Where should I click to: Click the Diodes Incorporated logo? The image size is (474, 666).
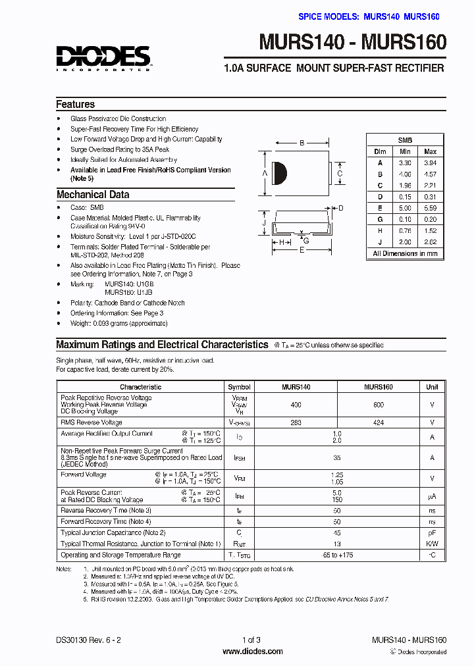[103, 58]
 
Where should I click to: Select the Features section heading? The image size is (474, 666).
[75, 105]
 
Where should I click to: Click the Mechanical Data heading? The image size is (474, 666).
[92, 195]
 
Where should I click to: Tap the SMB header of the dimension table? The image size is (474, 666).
[405, 140]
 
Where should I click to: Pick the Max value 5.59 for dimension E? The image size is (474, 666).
[430, 208]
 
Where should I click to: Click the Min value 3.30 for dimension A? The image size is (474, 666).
[404, 163]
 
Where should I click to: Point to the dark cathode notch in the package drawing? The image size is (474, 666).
[279, 173]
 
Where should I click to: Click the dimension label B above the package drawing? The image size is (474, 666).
[302, 143]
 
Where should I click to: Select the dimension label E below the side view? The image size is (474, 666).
[302, 250]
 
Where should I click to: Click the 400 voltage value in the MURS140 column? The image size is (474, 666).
[296, 405]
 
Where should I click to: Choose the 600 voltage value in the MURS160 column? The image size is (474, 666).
[378, 405]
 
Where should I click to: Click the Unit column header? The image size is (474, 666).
[432, 387]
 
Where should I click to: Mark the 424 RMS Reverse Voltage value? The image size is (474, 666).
[378, 423]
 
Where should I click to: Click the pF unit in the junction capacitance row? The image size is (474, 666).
[432, 532]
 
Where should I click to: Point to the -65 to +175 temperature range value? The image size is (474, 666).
[337, 555]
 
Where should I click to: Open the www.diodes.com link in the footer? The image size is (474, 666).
[253, 652]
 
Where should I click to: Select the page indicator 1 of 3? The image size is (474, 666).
[252, 640]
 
